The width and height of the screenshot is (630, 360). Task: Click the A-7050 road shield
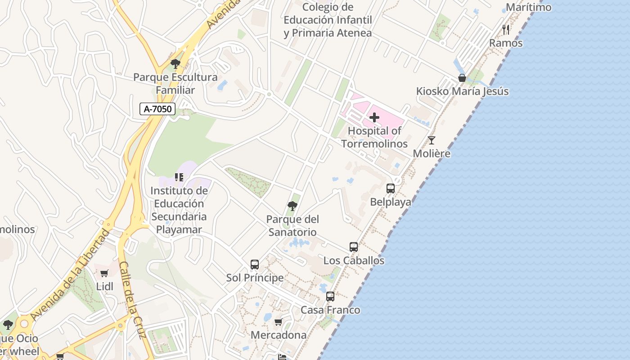[x=157, y=108]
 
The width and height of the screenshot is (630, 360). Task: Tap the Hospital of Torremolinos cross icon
[x=374, y=118]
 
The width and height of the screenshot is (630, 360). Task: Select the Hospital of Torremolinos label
[x=374, y=137]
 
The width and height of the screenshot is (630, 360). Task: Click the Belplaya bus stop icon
[x=391, y=189]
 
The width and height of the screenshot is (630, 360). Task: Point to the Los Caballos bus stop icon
[x=354, y=247]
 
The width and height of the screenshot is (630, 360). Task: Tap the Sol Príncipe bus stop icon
[x=255, y=265]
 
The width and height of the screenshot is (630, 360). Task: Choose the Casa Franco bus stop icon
[x=330, y=297]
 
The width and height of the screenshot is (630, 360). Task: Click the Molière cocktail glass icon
[x=432, y=140]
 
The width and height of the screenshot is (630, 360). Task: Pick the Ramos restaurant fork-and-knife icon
[x=506, y=30]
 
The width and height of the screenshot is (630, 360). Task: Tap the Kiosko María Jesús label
[x=462, y=91]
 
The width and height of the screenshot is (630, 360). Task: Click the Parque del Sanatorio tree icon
[x=292, y=206]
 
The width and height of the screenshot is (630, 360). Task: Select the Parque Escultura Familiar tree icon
[x=175, y=64]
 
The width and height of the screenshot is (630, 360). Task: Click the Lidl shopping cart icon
[x=104, y=273]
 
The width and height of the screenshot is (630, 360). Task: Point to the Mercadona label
[x=279, y=335]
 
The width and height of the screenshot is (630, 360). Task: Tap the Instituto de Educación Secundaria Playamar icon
[x=179, y=177]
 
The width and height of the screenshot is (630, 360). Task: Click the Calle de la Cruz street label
[x=133, y=300]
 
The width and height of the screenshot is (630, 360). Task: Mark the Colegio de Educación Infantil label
[x=328, y=20]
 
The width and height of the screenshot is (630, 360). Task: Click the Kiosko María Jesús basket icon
[x=462, y=78]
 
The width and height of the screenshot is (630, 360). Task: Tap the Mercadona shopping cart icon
[x=279, y=322]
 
